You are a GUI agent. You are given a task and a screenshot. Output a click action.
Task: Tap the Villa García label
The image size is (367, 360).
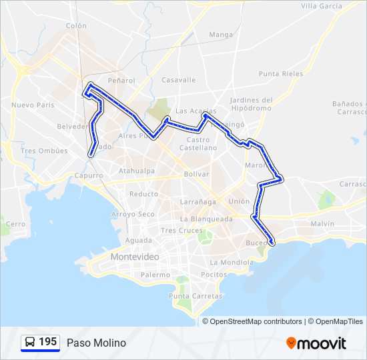(321, 6)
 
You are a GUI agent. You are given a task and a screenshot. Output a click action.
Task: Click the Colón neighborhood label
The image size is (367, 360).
(77, 25)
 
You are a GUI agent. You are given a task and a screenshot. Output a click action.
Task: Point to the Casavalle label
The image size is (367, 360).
(179, 80)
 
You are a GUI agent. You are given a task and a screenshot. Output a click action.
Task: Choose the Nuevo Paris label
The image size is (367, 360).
(33, 105)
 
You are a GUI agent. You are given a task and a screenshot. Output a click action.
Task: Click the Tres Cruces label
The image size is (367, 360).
(181, 230)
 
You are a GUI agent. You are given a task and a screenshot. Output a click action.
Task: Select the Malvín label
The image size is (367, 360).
(322, 224)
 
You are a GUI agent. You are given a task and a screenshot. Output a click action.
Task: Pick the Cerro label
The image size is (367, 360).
(15, 224)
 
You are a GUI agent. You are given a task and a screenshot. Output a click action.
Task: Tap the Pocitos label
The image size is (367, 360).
(214, 274)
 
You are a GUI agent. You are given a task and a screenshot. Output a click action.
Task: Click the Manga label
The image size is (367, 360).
(221, 35)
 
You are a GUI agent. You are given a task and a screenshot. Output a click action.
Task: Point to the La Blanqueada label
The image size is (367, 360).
(206, 219)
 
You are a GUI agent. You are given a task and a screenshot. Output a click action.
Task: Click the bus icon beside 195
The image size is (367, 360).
(31, 343)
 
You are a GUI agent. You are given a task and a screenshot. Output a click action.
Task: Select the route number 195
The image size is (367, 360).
(47, 342)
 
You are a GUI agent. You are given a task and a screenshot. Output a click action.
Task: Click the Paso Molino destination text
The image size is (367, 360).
(96, 343)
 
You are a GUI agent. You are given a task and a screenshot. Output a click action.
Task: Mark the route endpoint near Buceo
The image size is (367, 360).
(272, 242)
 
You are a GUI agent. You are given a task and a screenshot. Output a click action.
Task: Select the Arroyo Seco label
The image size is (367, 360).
(133, 214)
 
